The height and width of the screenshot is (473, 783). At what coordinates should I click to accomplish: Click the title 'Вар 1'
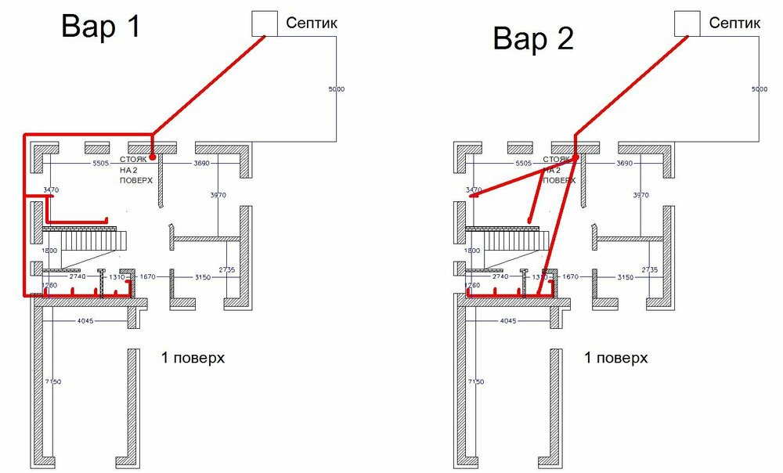(101, 27)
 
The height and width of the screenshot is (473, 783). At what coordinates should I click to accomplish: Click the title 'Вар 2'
(532, 38)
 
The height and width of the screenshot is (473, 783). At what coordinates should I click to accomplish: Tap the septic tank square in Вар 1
(265, 23)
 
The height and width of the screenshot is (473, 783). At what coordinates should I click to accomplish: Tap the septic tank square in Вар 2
(688, 23)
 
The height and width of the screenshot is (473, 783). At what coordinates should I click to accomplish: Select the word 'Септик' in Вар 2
(734, 23)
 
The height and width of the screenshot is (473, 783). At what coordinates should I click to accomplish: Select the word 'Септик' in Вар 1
(312, 23)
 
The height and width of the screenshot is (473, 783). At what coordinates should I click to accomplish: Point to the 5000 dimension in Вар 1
(336, 90)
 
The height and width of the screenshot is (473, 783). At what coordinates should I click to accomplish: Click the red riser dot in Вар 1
(153, 158)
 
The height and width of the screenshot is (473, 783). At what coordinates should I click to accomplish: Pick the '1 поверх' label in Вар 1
(193, 358)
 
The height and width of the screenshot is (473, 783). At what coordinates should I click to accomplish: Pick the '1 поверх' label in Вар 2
(615, 358)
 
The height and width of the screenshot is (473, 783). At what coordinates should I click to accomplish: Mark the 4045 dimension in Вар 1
(88, 320)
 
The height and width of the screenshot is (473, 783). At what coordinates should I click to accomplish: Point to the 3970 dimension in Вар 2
(640, 194)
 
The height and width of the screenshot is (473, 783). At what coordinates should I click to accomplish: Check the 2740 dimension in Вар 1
(78, 277)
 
